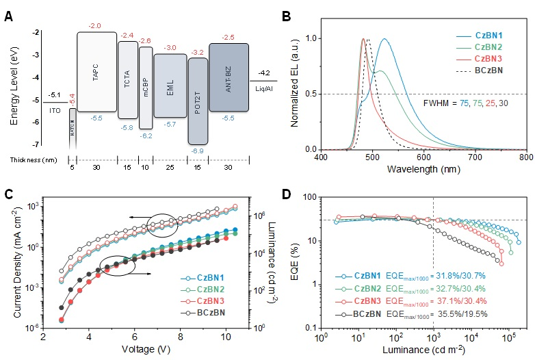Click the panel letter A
[x=10, y=12]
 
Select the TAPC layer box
[x=95, y=68]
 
